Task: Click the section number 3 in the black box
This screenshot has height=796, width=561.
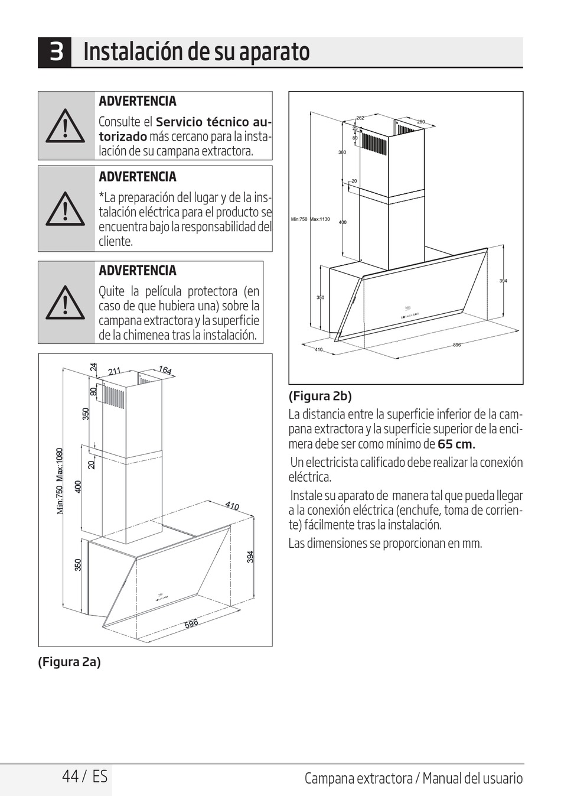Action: pyautogui.click(x=56, y=52)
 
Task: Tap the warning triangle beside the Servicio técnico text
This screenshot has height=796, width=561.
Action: pyautogui.click(x=66, y=126)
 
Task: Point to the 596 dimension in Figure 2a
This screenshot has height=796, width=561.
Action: pyautogui.click(x=191, y=623)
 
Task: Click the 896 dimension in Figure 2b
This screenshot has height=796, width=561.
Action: pyautogui.click(x=456, y=345)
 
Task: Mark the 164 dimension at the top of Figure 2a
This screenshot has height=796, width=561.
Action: pyautogui.click(x=165, y=370)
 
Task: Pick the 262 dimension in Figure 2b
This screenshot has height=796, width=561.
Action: pyautogui.click(x=360, y=118)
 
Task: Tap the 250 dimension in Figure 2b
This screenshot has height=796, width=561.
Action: pyautogui.click(x=421, y=122)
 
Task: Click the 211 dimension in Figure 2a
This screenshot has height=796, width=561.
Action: pyautogui.click(x=115, y=371)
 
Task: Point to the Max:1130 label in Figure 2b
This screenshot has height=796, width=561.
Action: pyautogui.click(x=321, y=219)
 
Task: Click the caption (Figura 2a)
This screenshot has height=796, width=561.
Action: pyautogui.click(x=69, y=662)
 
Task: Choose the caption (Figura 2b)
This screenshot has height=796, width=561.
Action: pyautogui.click(x=319, y=396)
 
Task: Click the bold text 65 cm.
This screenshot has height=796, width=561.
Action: pyautogui.click(x=456, y=444)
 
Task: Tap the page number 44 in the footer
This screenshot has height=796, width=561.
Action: pyautogui.click(x=70, y=776)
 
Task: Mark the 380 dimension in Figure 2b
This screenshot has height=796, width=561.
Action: pyautogui.click(x=342, y=152)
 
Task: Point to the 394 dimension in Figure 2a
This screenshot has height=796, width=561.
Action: pyautogui.click(x=250, y=557)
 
